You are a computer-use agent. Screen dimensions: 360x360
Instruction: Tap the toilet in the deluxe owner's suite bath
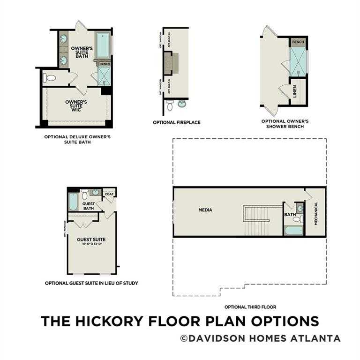click(49, 78)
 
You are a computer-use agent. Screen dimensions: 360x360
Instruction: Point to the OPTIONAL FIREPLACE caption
click(176, 122)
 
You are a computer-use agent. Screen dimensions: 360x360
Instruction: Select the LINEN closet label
click(295, 91)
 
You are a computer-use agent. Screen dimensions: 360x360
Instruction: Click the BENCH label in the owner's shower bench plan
click(298, 42)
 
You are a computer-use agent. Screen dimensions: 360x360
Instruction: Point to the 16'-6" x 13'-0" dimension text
click(91, 244)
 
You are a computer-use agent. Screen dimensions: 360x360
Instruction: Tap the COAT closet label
click(109, 194)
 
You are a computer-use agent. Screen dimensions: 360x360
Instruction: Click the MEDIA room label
click(205, 210)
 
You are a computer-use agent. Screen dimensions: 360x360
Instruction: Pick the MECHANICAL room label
click(316, 214)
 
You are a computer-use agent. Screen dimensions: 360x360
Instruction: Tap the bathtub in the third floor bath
click(293, 231)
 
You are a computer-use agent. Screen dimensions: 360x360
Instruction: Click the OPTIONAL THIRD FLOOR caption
click(250, 307)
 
